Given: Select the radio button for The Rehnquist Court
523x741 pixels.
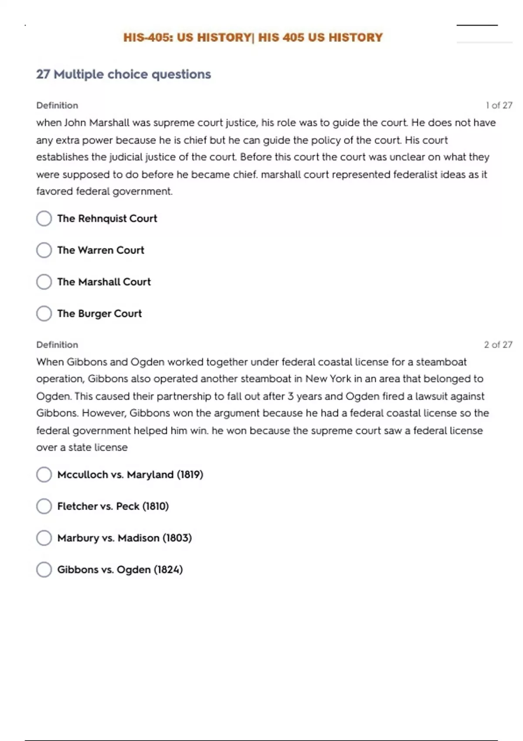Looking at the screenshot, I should click(x=44, y=218).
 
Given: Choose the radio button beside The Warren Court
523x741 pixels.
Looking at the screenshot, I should click(x=44, y=250).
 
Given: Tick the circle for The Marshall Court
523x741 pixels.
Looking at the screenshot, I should click(x=44, y=282).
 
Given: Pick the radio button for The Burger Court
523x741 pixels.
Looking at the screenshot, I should click(x=44, y=313).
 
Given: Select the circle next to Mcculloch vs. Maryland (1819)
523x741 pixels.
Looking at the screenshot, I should click(x=44, y=475).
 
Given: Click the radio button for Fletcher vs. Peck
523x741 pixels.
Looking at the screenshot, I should click(x=44, y=506).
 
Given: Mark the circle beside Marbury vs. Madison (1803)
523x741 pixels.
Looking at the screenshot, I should click(x=44, y=538).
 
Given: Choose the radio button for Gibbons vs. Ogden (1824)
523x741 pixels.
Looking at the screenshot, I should click(x=44, y=570).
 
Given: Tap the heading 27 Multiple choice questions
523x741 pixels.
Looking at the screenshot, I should click(x=123, y=74).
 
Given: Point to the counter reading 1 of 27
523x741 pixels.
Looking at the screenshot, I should click(x=499, y=105).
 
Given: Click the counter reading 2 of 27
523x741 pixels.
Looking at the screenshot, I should click(x=498, y=345).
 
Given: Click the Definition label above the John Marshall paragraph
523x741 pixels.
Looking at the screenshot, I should click(x=57, y=105).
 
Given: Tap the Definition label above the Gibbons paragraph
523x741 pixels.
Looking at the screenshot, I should click(x=57, y=345).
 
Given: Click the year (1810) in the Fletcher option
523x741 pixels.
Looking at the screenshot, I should click(x=156, y=506).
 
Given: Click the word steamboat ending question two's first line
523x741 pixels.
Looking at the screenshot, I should click(x=441, y=362).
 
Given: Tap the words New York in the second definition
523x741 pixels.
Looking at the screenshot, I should click(x=328, y=379).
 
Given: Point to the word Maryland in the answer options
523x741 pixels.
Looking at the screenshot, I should click(x=150, y=475).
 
